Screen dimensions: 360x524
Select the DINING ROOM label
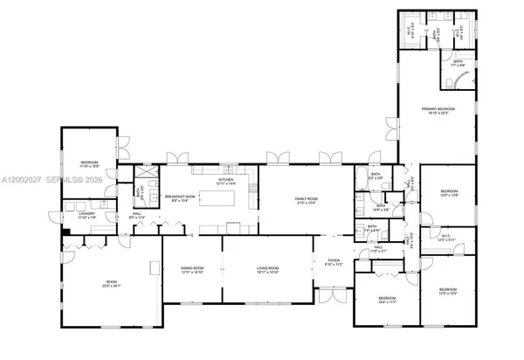tap(192, 269)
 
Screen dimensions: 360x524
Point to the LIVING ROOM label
tap(266, 269)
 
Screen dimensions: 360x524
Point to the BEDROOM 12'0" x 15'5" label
tap(447, 290)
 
